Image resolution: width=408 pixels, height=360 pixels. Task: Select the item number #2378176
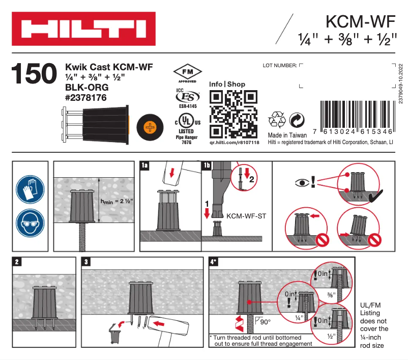point(86,97)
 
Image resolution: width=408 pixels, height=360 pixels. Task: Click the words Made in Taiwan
point(287,135)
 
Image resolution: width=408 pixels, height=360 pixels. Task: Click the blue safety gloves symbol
point(30,189)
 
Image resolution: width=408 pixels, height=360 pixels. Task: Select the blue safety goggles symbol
point(30,223)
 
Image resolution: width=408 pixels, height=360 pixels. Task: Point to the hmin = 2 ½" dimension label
point(118,202)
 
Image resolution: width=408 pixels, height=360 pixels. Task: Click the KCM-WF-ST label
point(246,216)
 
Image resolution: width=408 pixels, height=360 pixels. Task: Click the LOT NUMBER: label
point(279,66)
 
